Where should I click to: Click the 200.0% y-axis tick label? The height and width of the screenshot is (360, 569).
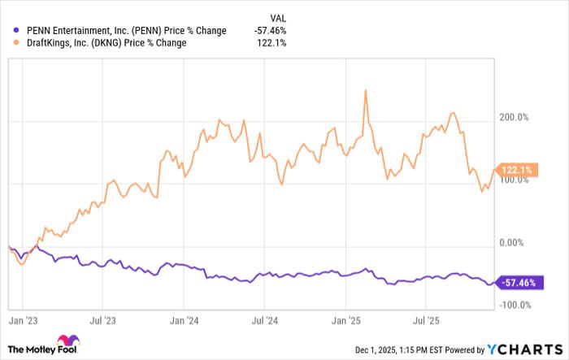[513, 117]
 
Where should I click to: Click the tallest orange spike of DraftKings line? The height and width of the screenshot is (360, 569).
[366, 91]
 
